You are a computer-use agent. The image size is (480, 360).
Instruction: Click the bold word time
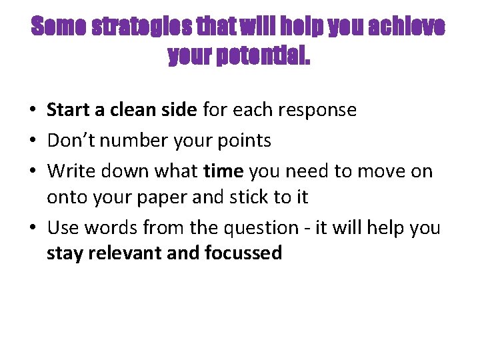(x=223, y=171)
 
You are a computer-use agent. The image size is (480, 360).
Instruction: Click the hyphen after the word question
(x=306, y=229)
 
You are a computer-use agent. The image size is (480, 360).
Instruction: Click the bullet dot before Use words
(x=33, y=229)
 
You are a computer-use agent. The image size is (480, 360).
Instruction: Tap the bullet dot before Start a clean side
(x=33, y=110)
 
